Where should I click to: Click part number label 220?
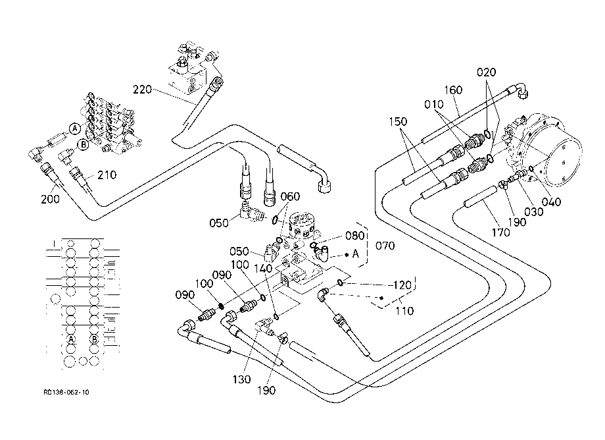(x=143, y=90)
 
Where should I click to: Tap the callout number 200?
(x=50, y=200)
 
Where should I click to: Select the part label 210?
(x=107, y=175)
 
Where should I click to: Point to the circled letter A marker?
(x=75, y=128)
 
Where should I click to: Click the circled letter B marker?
(x=84, y=144)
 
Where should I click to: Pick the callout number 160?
(x=453, y=90)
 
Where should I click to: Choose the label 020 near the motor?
(x=486, y=72)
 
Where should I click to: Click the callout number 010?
(x=433, y=104)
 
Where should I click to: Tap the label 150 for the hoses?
(x=398, y=122)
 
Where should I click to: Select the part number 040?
(x=551, y=202)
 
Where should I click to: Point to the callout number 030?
(x=533, y=211)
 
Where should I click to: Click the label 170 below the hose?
(x=500, y=232)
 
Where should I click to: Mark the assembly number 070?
(x=385, y=246)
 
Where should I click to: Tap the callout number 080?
(x=354, y=236)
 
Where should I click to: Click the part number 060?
(x=290, y=197)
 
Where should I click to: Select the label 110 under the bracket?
(x=404, y=311)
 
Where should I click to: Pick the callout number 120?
(x=402, y=285)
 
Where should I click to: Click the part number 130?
(x=241, y=380)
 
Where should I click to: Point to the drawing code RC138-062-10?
(x=66, y=392)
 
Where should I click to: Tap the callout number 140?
(x=264, y=269)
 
